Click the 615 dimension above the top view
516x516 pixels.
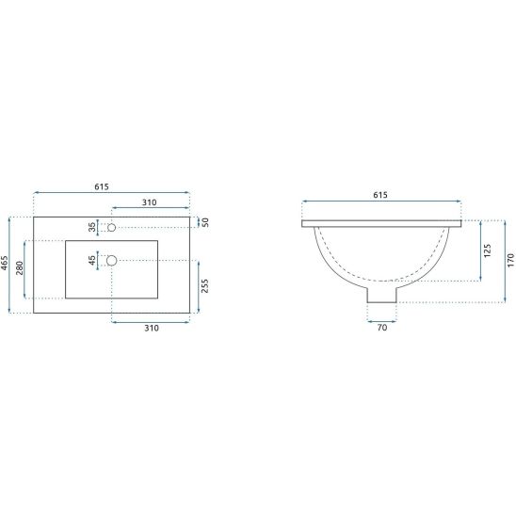[102, 186]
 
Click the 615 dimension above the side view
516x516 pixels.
[380, 195]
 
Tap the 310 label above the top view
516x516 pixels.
[149, 202]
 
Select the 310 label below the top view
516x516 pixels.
[152, 328]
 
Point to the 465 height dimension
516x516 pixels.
[5, 263]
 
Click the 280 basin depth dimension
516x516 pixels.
[20, 267]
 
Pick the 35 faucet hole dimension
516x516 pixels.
[92, 227]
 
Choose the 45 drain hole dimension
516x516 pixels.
[92, 260]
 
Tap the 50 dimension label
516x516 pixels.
[205, 222]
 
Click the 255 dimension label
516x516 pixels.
[204, 286]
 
